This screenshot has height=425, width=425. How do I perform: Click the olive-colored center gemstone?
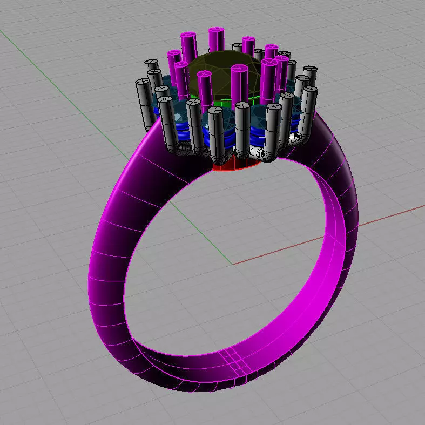pos(216,76)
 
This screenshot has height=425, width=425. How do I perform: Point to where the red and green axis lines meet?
pos(233,264)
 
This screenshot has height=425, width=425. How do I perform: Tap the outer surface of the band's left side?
pos(108,259)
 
